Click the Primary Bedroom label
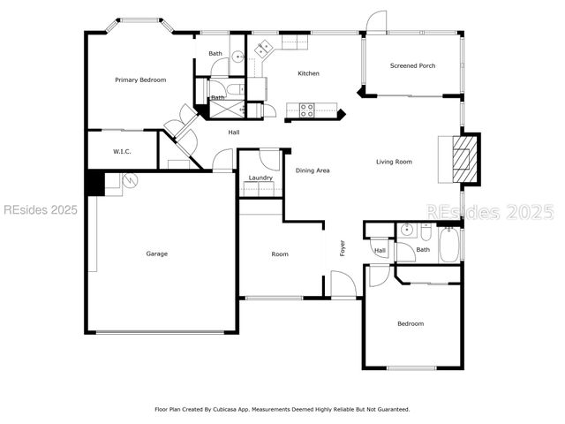[x=140, y=80]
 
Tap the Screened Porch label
[x=412, y=66]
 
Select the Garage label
[x=156, y=254]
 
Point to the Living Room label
[x=394, y=162]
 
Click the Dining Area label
[x=312, y=170]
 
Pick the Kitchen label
[x=308, y=73]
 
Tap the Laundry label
[x=260, y=178]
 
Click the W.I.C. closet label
[x=122, y=152]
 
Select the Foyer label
[x=343, y=249]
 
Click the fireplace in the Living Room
[x=459, y=159]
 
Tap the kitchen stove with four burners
[x=307, y=110]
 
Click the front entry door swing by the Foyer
[x=343, y=284]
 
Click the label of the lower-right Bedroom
[x=410, y=324]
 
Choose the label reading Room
[x=280, y=254]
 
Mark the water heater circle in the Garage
[x=130, y=181]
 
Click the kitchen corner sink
[x=263, y=48]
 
